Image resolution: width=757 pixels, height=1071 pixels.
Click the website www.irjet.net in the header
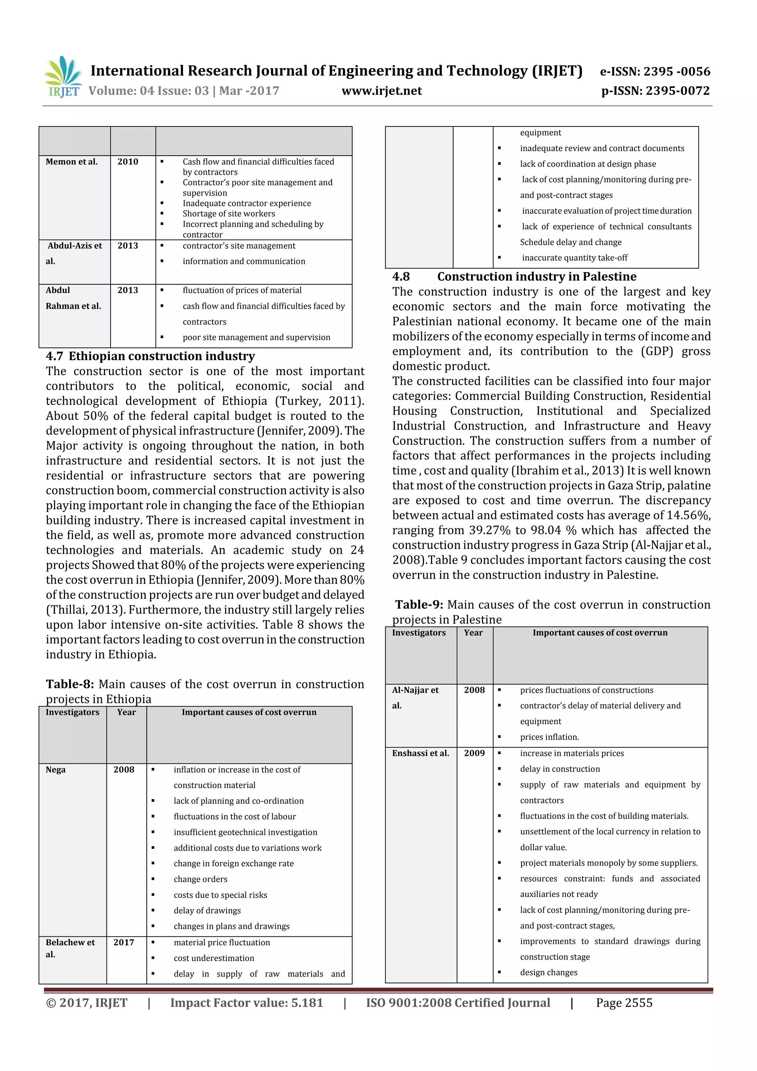pos(381,91)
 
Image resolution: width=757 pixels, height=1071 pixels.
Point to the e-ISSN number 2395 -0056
pos(677,71)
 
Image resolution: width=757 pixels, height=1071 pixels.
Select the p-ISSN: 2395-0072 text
pos(655,91)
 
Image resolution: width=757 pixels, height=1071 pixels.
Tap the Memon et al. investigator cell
pos(72,162)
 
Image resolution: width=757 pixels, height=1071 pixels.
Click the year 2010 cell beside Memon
pos(128,162)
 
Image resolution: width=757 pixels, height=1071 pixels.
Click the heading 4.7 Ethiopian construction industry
pos(150,356)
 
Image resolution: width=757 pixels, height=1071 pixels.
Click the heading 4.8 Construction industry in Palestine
pos(514,277)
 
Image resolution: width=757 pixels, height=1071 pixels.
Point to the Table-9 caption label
pos(419,604)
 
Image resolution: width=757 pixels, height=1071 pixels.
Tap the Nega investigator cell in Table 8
pos(55,770)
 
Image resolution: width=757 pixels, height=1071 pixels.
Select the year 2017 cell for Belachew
pos(123,942)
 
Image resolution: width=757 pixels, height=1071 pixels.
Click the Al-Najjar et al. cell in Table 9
pos(415,697)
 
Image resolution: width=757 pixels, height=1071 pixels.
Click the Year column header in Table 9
pos(473,633)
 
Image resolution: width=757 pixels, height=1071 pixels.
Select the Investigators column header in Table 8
pos(72,712)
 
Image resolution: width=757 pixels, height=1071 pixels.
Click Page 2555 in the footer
pos(624,1003)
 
